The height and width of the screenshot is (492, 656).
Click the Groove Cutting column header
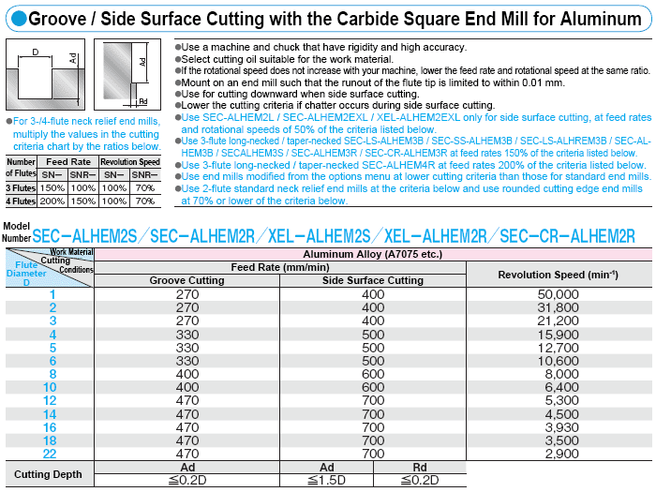[186, 280]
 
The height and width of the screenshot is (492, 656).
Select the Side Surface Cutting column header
[373, 280]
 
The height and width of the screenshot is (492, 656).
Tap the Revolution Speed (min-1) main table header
[558, 274]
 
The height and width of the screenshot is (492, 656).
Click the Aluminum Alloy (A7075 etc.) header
[373, 254]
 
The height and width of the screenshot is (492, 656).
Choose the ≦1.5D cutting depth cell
[327, 480]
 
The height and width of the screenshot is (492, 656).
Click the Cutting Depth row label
[49, 473]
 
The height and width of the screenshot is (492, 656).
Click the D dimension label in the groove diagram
[36, 52]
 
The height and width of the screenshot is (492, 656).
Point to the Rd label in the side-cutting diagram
[143, 100]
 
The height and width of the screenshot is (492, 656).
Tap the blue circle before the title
[13, 18]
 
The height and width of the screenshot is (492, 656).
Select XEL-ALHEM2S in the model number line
[320, 235]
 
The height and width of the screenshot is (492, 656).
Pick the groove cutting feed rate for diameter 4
[186, 334]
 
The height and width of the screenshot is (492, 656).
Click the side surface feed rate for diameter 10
[373, 386]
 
